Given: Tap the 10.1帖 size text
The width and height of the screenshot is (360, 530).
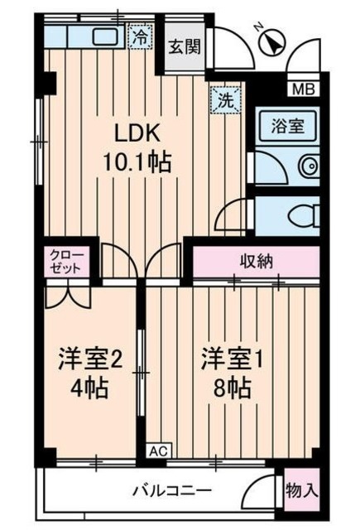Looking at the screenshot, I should tap(137, 162).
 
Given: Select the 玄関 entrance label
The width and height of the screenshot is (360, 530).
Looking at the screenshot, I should tap(184, 46).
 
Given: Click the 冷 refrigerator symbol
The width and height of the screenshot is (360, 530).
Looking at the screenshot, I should tap(142, 36).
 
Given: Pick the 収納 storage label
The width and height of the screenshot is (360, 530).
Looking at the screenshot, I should tap(257, 262).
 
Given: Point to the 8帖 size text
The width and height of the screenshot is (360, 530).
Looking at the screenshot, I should tap(233, 387).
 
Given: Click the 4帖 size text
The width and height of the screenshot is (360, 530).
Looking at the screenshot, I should tap(89, 387).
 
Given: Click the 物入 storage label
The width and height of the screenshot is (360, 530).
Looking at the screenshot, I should tap(301, 489).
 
